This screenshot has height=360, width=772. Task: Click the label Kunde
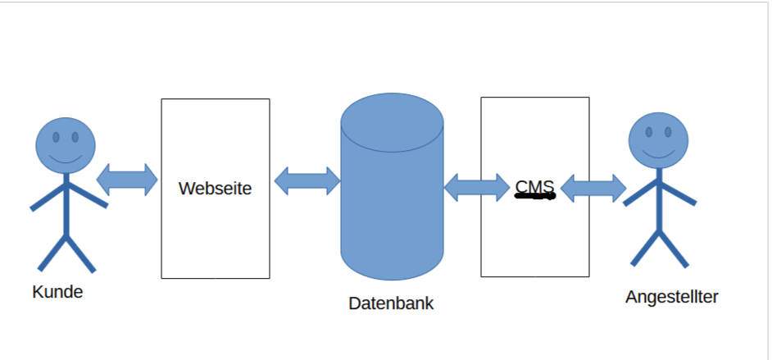coord(57,291)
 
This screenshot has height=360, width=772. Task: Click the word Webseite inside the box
coord(215,188)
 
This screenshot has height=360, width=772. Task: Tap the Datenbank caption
coord(391,303)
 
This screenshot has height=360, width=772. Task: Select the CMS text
coord(534,186)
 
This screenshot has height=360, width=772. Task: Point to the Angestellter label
coord(671,296)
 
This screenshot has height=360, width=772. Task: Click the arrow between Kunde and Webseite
coord(127,180)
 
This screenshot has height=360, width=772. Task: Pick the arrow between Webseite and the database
coord(307,181)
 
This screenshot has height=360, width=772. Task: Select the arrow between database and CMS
coord(476,187)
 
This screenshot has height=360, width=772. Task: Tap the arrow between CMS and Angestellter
coord(593,188)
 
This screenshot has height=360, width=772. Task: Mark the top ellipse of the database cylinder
coord(392,122)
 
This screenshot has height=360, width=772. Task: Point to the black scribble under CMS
coord(535,197)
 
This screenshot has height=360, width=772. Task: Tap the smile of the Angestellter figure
coord(658,153)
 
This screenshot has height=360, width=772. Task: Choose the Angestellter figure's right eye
coord(668,131)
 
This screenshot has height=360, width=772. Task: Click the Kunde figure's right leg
coord(81,254)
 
